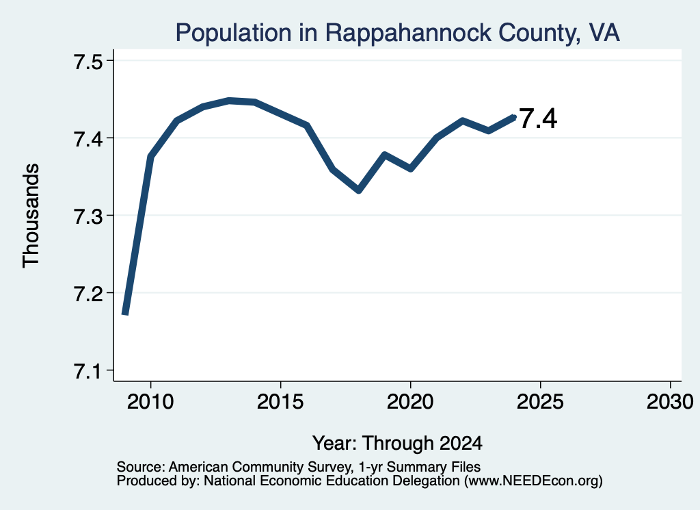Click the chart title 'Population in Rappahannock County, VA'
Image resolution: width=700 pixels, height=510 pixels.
pyautogui.click(x=397, y=33)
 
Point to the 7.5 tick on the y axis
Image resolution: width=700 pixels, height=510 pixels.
pyautogui.click(x=88, y=61)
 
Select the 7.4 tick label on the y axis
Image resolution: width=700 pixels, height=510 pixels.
pyautogui.click(x=88, y=138)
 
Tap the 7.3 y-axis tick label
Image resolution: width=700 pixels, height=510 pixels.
pyautogui.click(x=88, y=216)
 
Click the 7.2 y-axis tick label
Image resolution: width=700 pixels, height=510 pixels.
pyautogui.click(x=88, y=293)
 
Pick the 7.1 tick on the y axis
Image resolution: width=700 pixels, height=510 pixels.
pyautogui.click(x=88, y=370)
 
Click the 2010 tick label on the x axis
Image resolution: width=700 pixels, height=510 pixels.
pyautogui.click(x=150, y=401)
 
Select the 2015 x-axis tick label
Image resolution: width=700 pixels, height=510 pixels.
pyautogui.click(x=280, y=401)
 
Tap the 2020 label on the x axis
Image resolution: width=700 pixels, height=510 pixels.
pyautogui.click(x=410, y=401)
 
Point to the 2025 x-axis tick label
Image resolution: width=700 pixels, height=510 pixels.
pyautogui.click(x=540, y=401)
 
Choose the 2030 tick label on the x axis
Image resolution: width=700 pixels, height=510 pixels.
pyautogui.click(x=670, y=401)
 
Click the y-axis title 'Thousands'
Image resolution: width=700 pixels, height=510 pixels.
pyautogui.click(x=31, y=216)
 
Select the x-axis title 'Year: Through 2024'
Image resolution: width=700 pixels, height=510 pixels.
pyautogui.click(x=397, y=443)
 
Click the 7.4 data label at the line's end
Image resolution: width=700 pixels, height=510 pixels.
pyautogui.click(x=538, y=118)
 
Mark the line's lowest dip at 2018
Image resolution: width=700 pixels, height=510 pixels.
pyautogui.click(x=358, y=190)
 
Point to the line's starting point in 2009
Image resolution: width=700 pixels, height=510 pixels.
pyautogui.click(x=125, y=314)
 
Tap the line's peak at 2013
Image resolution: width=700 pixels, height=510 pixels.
pyautogui.click(x=229, y=101)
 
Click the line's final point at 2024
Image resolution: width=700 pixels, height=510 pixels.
pyautogui.click(x=514, y=117)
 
